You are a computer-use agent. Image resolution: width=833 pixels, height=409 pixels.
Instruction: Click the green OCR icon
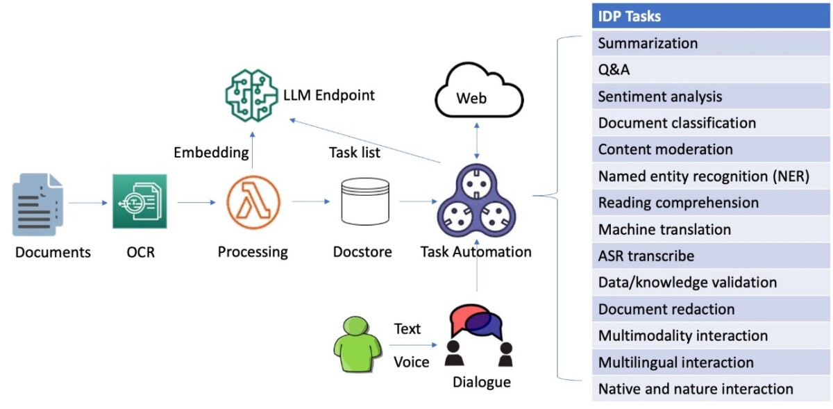[140, 201]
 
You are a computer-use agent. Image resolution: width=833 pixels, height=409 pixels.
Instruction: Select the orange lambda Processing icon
[253, 203]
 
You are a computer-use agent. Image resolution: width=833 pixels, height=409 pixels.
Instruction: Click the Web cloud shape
[476, 94]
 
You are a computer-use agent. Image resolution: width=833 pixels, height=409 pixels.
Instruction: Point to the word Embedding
[211, 152]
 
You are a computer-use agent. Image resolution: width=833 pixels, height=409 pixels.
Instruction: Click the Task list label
[354, 152]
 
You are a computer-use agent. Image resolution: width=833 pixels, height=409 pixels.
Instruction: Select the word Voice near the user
[411, 362]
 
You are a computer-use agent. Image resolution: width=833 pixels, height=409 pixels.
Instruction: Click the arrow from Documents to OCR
[87, 203]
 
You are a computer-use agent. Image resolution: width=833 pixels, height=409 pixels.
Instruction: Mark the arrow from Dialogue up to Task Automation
[477, 279]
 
